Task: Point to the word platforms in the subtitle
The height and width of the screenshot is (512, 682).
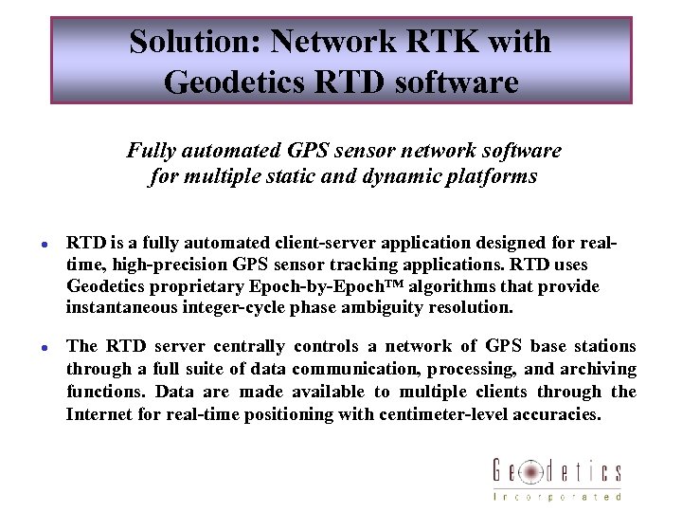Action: [492, 176]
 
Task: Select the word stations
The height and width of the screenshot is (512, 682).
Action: [602, 346]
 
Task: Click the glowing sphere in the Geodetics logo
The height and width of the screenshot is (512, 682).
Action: [531, 471]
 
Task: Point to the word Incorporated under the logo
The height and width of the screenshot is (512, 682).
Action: [557, 496]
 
